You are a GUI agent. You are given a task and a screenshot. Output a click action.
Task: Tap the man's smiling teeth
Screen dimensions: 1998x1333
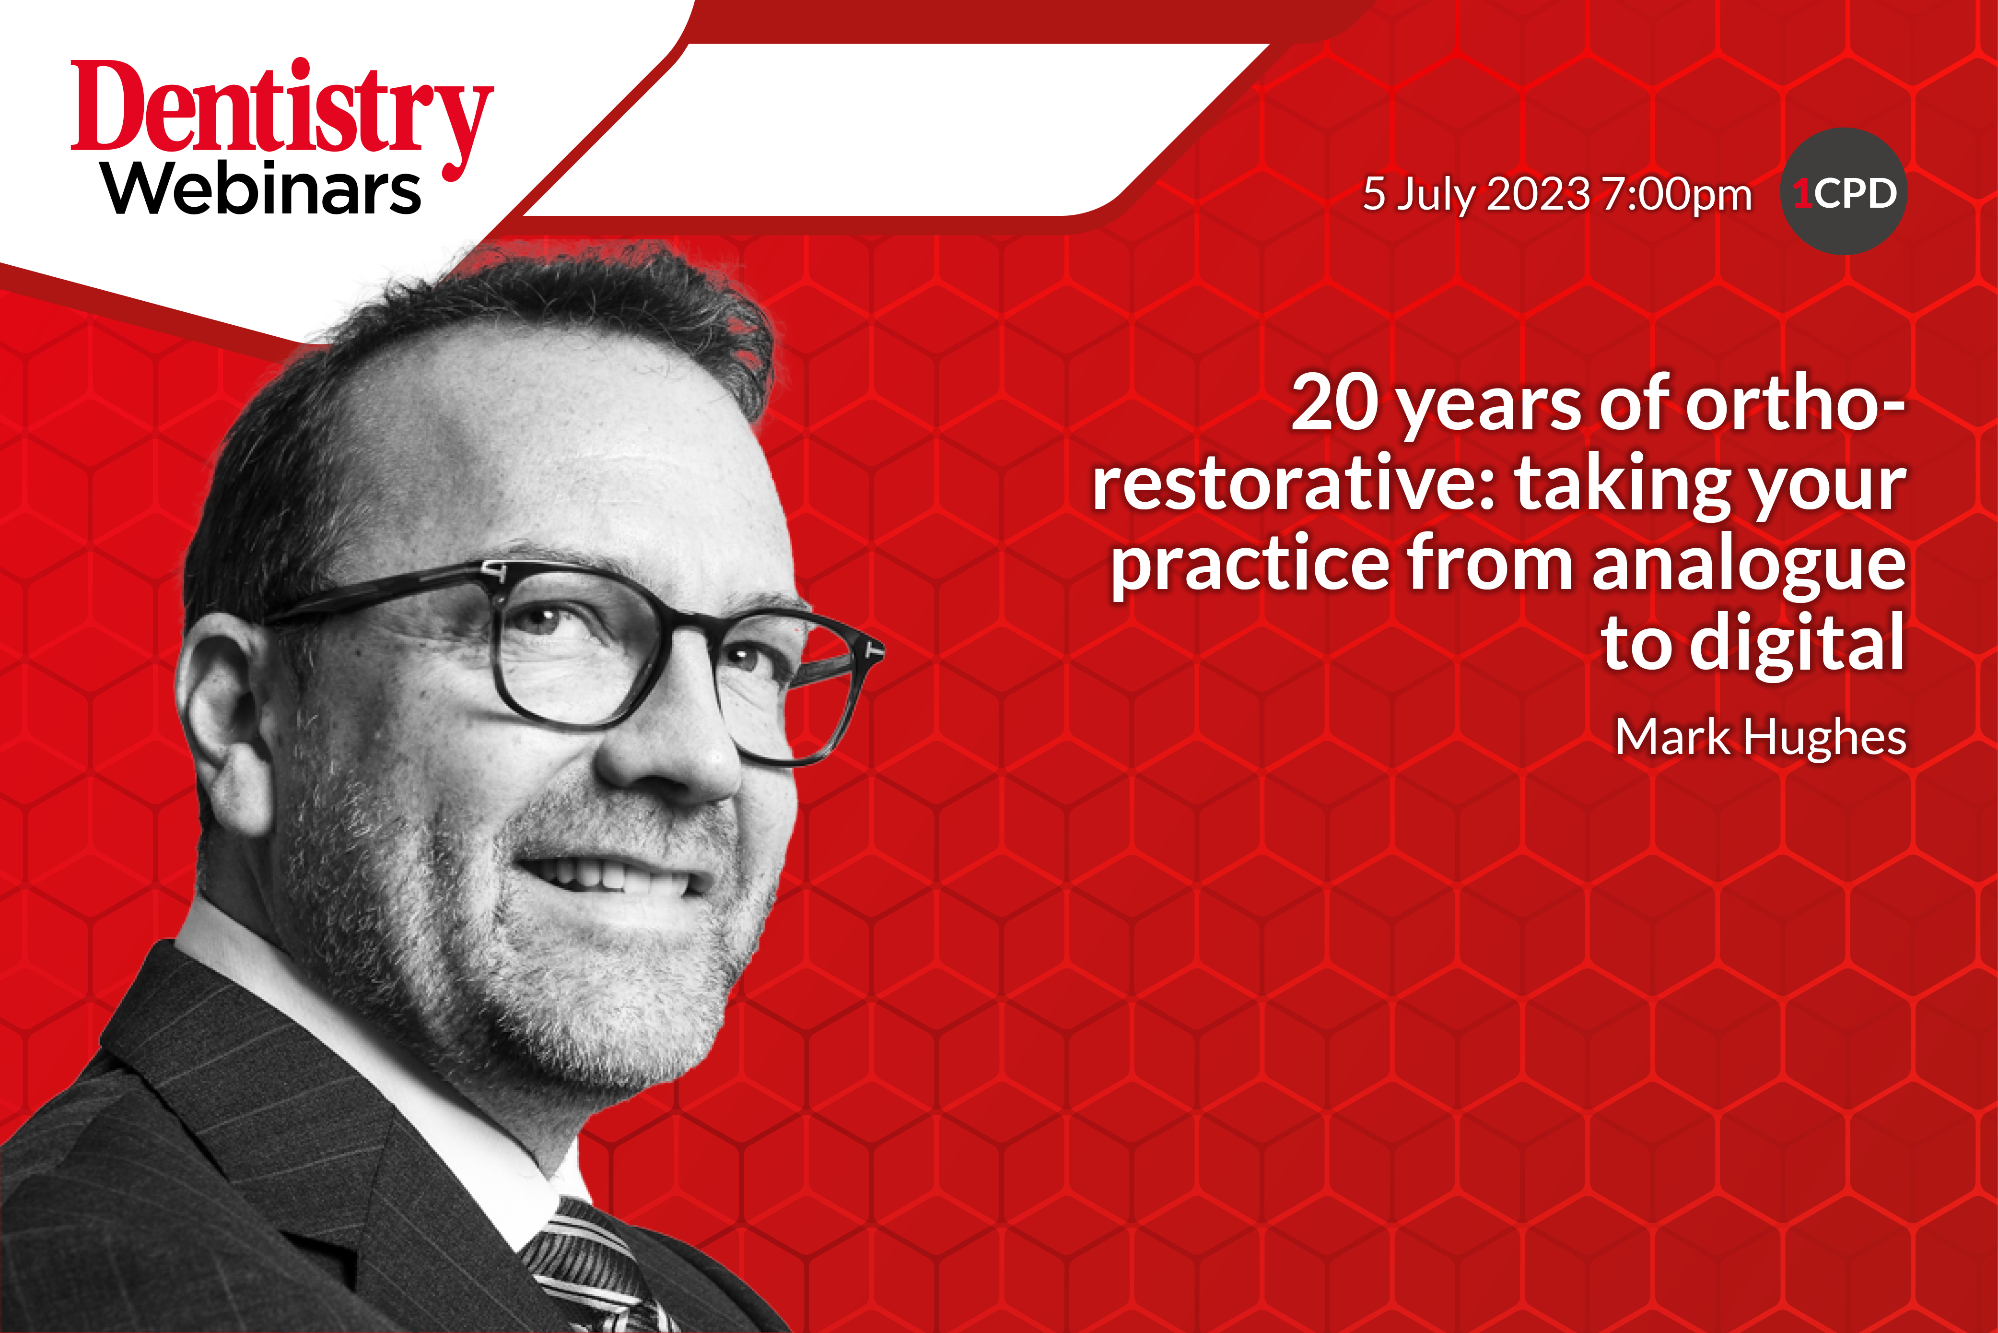click(x=612, y=875)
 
